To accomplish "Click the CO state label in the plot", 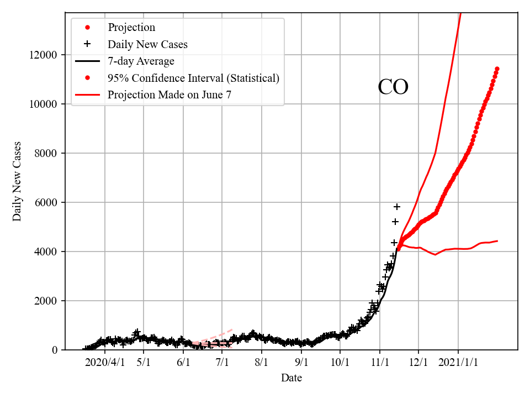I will coord(393,88).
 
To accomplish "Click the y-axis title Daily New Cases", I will coord(18,181).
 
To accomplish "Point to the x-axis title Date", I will coord(291,378).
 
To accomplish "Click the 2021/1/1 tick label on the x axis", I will coord(458,362).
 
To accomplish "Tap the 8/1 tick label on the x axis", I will coord(262,362).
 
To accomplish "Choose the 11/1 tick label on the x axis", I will coord(380,362).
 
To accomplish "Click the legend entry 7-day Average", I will coord(141,61).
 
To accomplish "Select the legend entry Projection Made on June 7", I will coord(169,95).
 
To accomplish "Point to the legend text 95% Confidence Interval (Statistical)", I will coord(193,78).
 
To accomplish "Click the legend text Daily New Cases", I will coord(147,44).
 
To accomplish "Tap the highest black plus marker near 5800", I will coord(396,207).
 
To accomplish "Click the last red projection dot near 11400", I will coord(497,69).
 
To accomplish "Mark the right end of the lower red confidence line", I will coord(497,241).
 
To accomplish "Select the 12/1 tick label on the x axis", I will coord(418,362).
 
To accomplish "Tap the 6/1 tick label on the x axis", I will coord(183,362).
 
